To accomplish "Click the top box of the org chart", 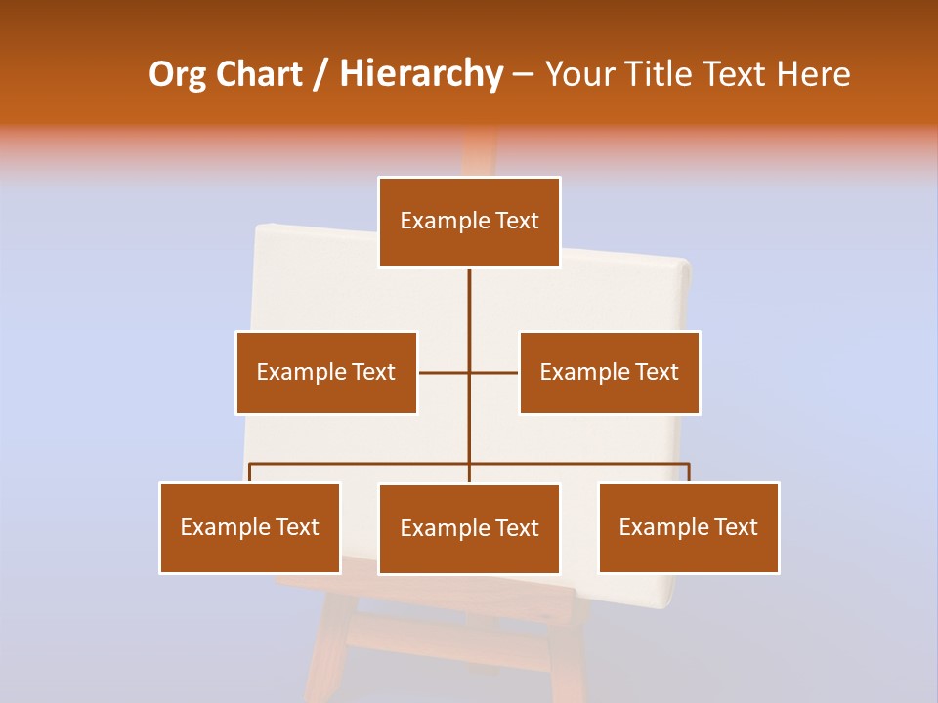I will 469,222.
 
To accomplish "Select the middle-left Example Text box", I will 326,372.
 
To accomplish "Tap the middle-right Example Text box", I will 610,372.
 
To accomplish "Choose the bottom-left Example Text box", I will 250,527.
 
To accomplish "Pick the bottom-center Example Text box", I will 469,528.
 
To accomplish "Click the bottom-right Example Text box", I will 689,527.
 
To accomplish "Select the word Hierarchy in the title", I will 420,74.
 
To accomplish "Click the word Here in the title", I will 813,74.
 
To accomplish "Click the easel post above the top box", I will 479,154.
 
